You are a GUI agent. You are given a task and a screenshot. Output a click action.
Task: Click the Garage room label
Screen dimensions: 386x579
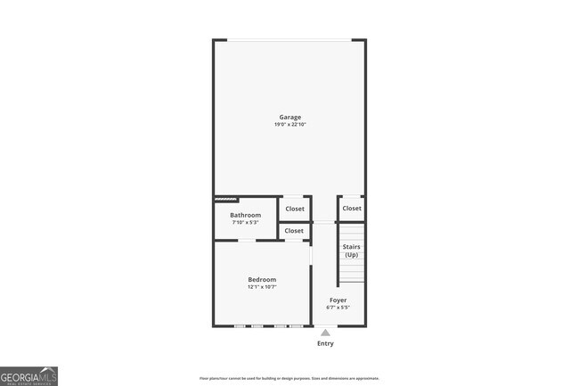tap(289, 117)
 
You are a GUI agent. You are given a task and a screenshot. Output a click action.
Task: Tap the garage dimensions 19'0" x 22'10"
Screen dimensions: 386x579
tap(289, 125)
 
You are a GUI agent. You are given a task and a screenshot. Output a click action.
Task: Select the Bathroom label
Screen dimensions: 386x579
tap(245, 215)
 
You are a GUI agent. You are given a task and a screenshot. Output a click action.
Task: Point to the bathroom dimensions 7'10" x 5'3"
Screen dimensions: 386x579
tap(245, 223)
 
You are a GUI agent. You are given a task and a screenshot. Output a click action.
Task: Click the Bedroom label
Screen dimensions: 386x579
tap(262, 279)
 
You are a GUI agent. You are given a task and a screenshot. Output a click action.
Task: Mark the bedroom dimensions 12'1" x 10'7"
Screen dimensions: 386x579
tap(262, 287)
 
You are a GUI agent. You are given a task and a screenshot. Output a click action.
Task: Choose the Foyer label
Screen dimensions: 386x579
tap(338, 300)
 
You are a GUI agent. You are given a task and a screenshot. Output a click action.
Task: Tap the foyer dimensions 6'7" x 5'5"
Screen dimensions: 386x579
tap(338, 308)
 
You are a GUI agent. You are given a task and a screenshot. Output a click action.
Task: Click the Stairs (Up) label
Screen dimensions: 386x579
tap(351, 250)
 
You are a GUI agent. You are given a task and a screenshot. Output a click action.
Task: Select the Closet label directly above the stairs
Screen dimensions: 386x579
tap(352, 209)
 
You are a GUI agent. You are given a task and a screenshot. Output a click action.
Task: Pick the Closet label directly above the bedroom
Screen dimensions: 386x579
tap(294, 231)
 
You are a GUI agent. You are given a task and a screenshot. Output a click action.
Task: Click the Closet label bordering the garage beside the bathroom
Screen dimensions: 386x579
tap(294, 209)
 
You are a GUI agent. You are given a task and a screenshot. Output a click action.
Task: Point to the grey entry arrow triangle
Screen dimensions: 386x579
tap(325, 333)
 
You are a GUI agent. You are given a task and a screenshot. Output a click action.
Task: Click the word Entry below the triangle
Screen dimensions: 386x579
tap(325, 343)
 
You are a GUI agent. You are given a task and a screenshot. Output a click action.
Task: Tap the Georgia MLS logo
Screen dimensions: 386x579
tap(29, 375)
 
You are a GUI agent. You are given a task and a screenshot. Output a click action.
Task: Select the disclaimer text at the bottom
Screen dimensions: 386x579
tap(289, 378)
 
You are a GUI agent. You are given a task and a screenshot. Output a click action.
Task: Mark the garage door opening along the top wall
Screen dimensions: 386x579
tap(289, 40)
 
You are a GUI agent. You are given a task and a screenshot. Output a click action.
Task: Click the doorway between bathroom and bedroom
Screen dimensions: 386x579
tap(246, 241)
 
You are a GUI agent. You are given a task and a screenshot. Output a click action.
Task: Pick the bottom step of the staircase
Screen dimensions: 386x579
tap(351, 279)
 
